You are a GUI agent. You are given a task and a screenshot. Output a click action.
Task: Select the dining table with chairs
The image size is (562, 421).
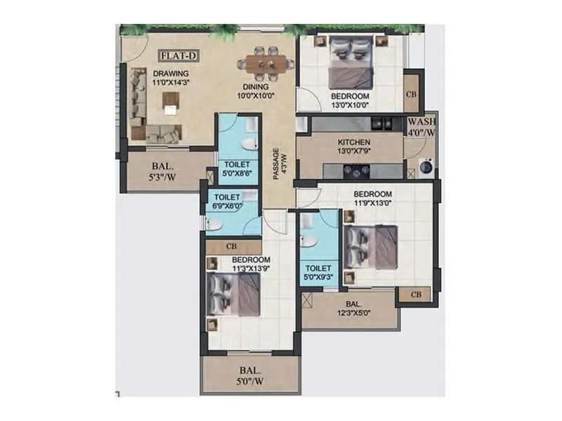point(266,64)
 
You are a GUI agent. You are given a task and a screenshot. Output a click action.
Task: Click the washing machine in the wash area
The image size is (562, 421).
point(426,167)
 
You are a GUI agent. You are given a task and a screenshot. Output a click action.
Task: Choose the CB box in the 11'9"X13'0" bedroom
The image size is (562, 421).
point(414,295)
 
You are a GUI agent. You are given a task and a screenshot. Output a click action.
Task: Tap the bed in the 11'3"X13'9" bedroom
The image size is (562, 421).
point(235,295)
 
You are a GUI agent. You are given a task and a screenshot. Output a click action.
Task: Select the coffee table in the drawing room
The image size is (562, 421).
point(170,103)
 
